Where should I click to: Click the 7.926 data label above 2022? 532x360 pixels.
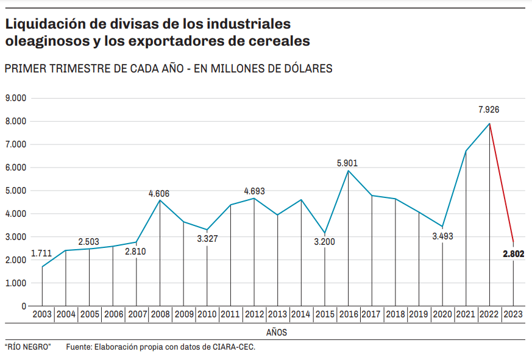pyautogui.click(x=489, y=110)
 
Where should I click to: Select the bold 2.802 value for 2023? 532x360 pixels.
pyautogui.click(x=514, y=254)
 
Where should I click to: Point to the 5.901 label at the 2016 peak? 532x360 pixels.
pyautogui.click(x=347, y=163)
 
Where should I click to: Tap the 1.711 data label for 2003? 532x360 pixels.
pyautogui.click(x=41, y=253)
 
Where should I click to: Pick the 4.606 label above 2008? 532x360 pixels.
pyautogui.click(x=159, y=194)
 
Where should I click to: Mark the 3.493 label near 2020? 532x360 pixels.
pyautogui.click(x=442, y=236)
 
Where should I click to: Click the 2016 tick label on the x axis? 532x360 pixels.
pyautogui.click(x=348, y=315)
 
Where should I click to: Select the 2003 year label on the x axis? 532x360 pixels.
pyautogui.click(x=42, y=315)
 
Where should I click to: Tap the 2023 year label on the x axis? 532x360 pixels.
pyautogui.click(x=513, y=315)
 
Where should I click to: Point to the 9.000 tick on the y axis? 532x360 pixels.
pyautogui.click(x=16, y=98)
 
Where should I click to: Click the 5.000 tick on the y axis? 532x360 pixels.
pyautogui.click(x=16, y=191)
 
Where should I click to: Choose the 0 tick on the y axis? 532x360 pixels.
pyautogui.click(x=24, y=306)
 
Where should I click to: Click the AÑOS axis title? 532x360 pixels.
pyautogui.click(x=277, y=333)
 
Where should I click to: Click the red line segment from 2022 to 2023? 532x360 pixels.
pyautogui.click(x=502, y=183)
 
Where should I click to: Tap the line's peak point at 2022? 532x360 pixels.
pyautogui.click(x=489, y=124)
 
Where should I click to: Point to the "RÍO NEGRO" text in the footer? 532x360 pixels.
pyautogui.click(x=27, y=347)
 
